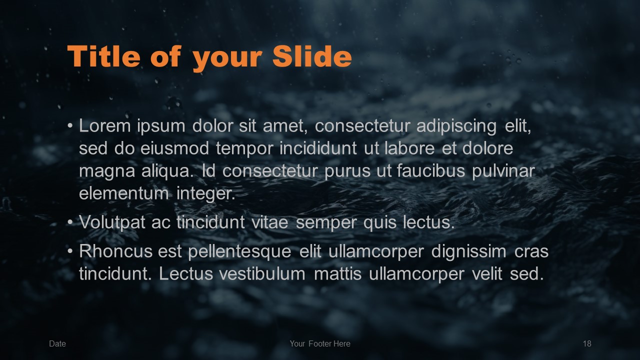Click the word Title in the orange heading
pyautogui.click(x=103, y=56)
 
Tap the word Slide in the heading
pyautogui.click(x=312, y=56)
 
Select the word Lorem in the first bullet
pyautogui.click(x=105, y=125)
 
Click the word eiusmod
pyautogui.click(x=174, y=148)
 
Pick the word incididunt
pyautogui.click(x=318, y=148)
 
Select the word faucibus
pyautogui.click(x=431, y=171)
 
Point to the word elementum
pyautogui.click(x=124, y=193)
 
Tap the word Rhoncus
pyautogui.click(x=115, y=251)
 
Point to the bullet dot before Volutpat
pyautogui.click(x=70, y=222)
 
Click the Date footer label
pyautogui.click(x=57, y=343)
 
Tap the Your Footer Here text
pyautogui.click(x=320, y=343)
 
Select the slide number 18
pyautogui.click(x=587, y=343)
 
